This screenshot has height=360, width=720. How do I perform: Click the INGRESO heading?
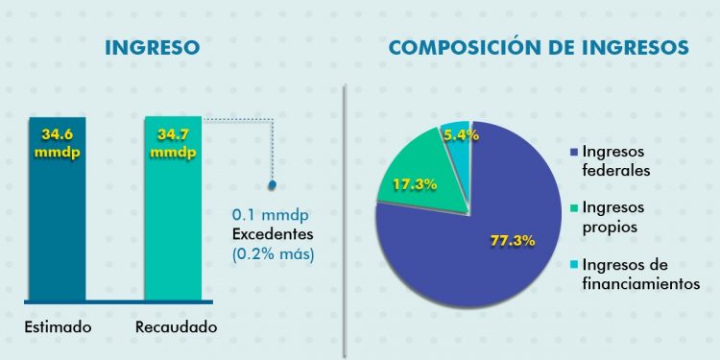point(153,47)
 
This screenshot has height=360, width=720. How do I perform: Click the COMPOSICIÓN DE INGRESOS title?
point(539,47)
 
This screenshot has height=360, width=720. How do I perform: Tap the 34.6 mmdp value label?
point(58,144)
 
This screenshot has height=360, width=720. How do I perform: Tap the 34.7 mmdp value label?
point(173,144)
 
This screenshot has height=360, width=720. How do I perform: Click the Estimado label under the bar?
point(58,327)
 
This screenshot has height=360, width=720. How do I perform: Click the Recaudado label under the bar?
point(175,327)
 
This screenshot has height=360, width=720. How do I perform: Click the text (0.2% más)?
point(273,254)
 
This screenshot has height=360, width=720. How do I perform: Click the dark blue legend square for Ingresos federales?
point(574,153)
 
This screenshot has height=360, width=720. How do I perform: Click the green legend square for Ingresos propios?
point(574,208)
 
